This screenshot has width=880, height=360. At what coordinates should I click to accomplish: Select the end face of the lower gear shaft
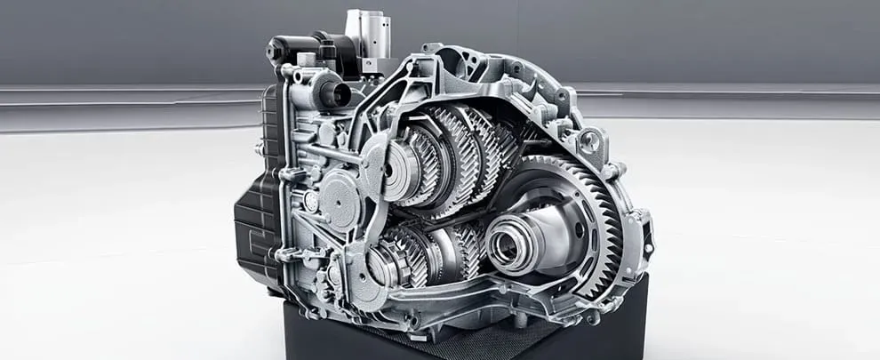(381, 267)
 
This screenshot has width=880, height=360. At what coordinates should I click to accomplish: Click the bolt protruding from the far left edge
(259, 148)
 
